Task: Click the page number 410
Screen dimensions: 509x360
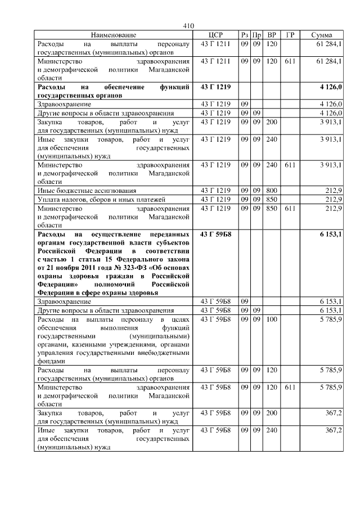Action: point(188,26)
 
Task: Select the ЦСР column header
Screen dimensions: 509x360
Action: point(215,35)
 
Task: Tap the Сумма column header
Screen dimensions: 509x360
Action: point(321,35)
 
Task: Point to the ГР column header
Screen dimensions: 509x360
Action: point(290,35)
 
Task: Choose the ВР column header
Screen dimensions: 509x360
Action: point(272,35)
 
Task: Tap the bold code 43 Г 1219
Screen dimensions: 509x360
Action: point(215,87)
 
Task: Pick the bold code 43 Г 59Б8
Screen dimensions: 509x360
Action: point(215,233)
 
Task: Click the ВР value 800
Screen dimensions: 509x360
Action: point(272,190)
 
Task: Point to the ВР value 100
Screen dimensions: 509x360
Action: point(272,319)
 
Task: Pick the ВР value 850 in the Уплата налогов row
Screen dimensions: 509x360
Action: point(272,199)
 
